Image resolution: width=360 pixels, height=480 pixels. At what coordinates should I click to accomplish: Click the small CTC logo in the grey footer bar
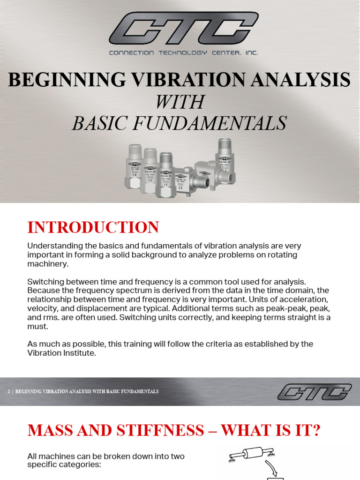pyautogui.click(x=314, y=391)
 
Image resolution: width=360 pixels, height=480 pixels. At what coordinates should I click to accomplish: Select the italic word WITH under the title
pyautogui.click(x=180, y=102)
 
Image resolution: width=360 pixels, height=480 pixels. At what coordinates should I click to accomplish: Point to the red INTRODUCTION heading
pyautogui.click(x=93, y=227)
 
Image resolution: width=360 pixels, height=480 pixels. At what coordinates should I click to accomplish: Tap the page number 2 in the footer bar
pyautogui.click(x=9, y=391)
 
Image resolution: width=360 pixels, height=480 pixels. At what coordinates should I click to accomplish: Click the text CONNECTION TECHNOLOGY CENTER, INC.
pyautogui.click(x=183, y=53)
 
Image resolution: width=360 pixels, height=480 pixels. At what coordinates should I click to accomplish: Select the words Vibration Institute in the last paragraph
pyautogui.click(x=61, y=353)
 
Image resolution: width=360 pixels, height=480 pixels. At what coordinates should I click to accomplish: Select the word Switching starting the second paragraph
pyautogui.click(x=46, y=282)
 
